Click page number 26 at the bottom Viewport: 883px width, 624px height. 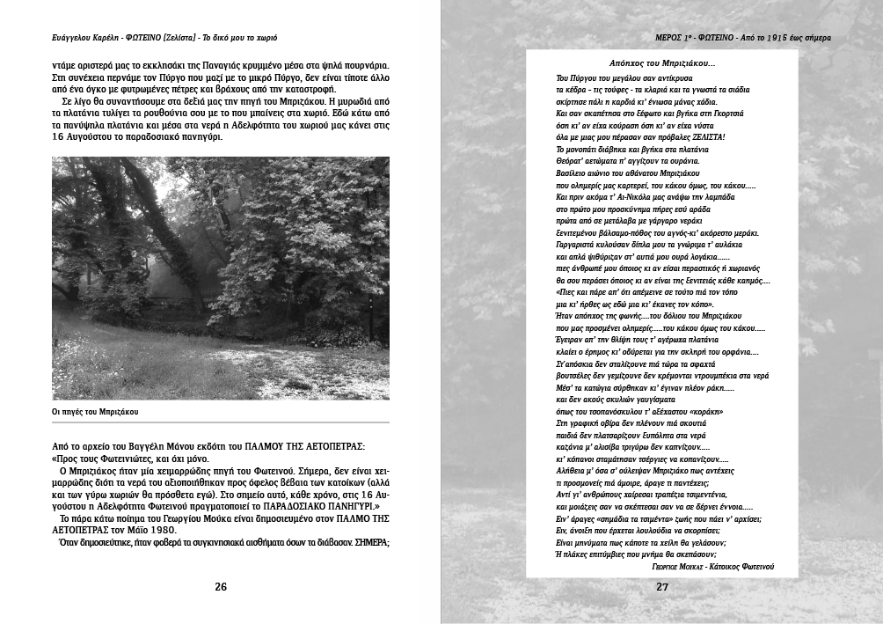(x=221, y=587)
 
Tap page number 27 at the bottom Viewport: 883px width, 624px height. (x=662, y=587)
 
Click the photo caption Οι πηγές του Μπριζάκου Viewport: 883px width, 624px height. (x=95, y=411)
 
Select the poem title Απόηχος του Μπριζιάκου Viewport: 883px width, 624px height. (x=661, y=63)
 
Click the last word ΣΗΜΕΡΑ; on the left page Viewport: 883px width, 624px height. (x=372, y=542)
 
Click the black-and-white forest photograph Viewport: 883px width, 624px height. (x=221, y=278)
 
